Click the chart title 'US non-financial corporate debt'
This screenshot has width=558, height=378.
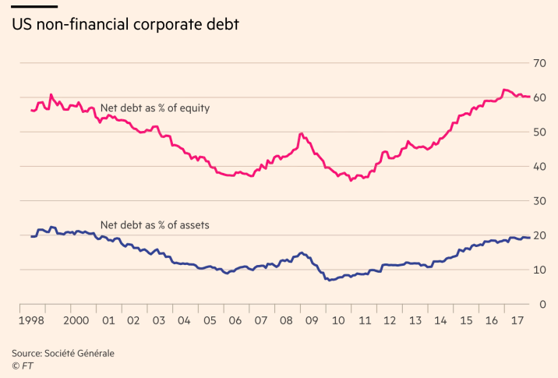pos(125,24)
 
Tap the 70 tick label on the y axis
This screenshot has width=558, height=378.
pos(539,62)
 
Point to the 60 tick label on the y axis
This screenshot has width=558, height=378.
pos(539,97)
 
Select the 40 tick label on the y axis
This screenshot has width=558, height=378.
pos(539,166)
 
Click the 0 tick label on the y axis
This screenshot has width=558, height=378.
pos(542,304)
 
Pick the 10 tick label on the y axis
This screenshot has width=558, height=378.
pos(539,270)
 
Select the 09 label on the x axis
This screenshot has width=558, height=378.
pos(312,320)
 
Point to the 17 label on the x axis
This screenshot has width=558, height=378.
pos(514,320)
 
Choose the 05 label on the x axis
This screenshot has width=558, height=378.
pos(210,320)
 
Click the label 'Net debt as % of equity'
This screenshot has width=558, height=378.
pos(155,108)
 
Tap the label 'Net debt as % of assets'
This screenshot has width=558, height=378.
pos(155,224)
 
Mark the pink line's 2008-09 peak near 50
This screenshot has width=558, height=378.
pos(301,134)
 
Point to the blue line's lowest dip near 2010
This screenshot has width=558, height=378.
pos(330,279)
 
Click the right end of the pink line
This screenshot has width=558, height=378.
pos(530,97)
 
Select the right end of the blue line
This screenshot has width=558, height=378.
pos(530,238)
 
